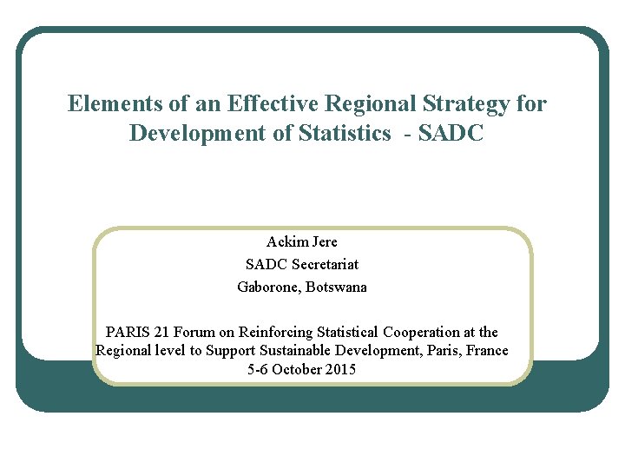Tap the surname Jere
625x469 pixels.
(x=324, y=241)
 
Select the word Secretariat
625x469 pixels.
(x=326, y=264)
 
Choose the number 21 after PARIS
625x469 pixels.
(x=162, y=332)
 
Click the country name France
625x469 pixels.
(x=488, y=350)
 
